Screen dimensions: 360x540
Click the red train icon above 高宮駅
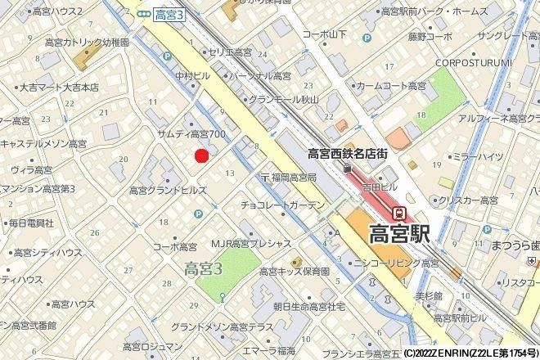tap(400, 212)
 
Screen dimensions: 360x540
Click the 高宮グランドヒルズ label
tap(168, 190)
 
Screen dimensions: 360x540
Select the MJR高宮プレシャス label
tap(252, 243)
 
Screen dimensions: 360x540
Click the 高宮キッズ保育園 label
tap(292, 270)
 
